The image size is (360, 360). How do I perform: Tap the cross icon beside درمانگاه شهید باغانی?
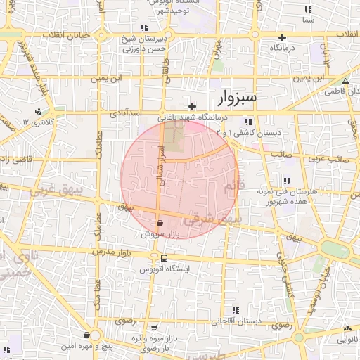pyautogui.click(x=192, y=106)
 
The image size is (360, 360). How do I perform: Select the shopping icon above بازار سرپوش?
pyautogui.click(x=161, y=223)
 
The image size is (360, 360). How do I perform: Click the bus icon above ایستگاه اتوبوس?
pyautogui.click(x=164, y=258)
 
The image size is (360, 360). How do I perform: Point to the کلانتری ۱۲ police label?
pyautogui.click(x=37, y=122)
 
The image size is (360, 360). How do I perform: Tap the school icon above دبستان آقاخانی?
pyautogui.click(x=236, y=309)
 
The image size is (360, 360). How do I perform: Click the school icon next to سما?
pyautogui.click(x=307, y=10)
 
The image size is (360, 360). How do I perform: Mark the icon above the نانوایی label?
pyautogui.click(x=347, y=328)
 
